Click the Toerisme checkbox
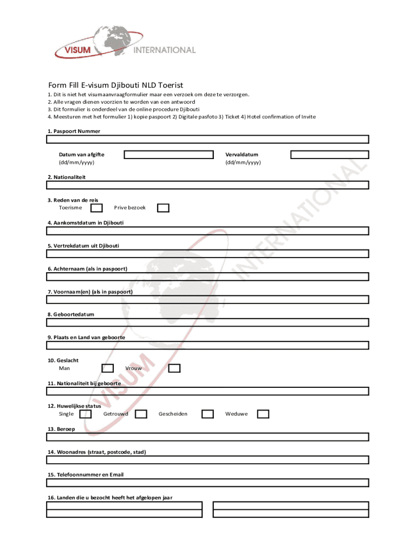tap(96, 208)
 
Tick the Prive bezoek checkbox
tap(163, 208)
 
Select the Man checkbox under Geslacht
tap(108, 368)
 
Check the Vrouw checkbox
tap(174, 368)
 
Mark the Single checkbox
tap(86, 414)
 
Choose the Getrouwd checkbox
tap(141, 414)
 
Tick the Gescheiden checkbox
tap(207, 414)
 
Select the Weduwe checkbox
tap(263, 414)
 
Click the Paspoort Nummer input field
tap(207, 139)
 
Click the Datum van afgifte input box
tap(168, 155)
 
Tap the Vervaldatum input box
tap(329, 155)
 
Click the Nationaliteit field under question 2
tap(207, 185)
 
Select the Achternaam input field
tap(207, 276)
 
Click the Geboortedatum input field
tap(207, 322)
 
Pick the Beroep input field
tap(207, 437)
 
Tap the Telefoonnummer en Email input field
tap(207, 483)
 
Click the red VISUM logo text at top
tap(74, 51)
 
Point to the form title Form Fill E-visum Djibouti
tap(115, 85)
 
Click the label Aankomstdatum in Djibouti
tap(86, 222)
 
